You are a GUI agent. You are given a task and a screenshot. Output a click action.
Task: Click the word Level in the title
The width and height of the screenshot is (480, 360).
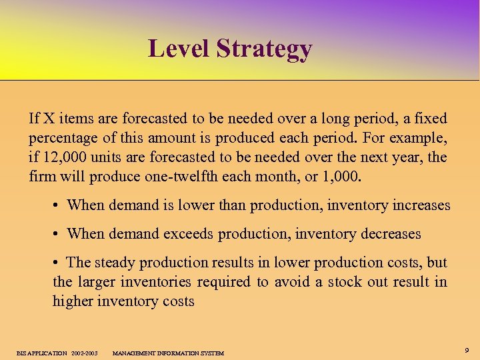click(x=174, y=49)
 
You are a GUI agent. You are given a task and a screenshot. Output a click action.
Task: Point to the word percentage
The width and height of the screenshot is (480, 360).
click(x=62, y=139)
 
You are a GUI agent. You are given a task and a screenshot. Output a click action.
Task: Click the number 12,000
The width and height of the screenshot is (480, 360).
click(x=63, y=157)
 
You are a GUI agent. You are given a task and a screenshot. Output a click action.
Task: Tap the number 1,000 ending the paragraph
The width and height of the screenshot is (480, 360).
click(x=341, y=177)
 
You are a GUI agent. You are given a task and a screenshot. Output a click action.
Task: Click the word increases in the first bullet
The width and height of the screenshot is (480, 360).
click(x=417, y=205)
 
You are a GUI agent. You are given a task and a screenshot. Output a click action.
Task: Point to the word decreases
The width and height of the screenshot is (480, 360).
click(x=388, y=234)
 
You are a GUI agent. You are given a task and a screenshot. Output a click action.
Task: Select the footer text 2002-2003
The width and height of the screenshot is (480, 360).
click(x=85, y=353)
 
